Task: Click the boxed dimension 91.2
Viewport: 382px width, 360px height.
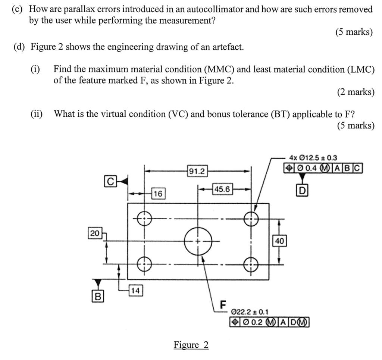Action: pos(197,172)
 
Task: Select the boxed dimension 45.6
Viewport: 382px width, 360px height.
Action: pos(222,190)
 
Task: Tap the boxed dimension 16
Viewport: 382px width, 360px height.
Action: pos(158,194)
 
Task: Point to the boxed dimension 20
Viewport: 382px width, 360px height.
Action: pos(95,234)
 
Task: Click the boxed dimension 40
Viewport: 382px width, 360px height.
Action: pos(279,241)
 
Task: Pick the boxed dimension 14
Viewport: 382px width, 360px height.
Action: pos(135,291)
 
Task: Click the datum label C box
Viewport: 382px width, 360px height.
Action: pos(110,181)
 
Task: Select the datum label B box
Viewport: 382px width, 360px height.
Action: pos(98,297)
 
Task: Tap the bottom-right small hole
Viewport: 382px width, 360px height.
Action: pos(251,264)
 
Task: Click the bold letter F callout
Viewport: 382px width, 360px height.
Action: pos(223,304)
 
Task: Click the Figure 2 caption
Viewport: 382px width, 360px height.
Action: pos(191,345)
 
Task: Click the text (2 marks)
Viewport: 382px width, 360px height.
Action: pos(355,92)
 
